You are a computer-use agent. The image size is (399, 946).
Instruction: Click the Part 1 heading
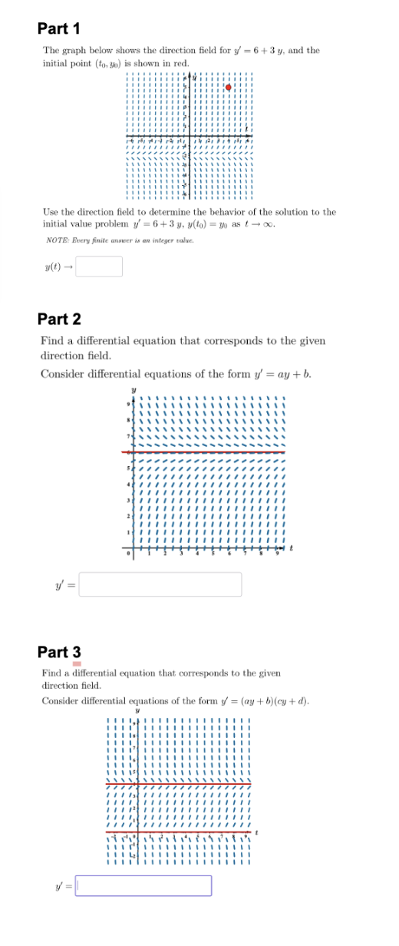pos(58,29)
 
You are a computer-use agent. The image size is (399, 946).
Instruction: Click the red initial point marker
pos(228,88)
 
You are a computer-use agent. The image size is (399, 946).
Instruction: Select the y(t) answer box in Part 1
pos(99,266)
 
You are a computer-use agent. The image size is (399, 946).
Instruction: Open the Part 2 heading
pos(59,319)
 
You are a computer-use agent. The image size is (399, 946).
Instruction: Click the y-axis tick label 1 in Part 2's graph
pos(129,530)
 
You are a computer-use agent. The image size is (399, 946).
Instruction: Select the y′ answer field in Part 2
pos(160,584)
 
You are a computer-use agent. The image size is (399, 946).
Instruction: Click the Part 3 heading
pos(59,653)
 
